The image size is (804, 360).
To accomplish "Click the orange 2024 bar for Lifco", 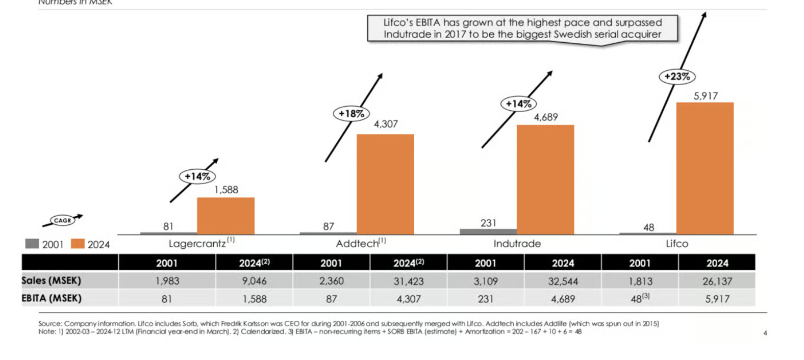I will tap(705, 168).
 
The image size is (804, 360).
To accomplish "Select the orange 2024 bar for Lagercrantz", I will tap(225, 216).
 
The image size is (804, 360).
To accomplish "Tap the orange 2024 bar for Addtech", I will tap(385, 184).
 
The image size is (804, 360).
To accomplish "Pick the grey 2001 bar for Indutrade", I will tap(488, 232).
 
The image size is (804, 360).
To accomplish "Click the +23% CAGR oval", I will tap(677, 76).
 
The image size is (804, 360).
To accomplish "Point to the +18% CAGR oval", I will tap(351, 114).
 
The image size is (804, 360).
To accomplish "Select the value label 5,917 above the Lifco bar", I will tap(706, 96).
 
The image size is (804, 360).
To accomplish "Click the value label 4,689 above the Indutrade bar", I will tap(546, 117).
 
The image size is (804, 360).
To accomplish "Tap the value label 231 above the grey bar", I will tap(488, 223).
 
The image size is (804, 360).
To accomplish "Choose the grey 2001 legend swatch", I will tap(32, 244).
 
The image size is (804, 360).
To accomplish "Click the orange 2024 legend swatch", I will tap(78, 244).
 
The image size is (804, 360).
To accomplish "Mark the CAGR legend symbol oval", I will tap(63, 220).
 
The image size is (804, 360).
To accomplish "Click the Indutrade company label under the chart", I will tap(517, 244).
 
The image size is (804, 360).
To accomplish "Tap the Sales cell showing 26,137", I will tap(717, 281).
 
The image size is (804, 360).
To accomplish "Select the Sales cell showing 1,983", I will tap(167, 281).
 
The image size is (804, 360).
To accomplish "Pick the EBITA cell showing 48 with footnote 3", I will tap(639, 299).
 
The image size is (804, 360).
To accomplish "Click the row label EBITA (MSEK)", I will tap(52, 298).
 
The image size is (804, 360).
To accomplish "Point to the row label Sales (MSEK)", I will tap(51, 280).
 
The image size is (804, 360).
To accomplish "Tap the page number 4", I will tap(765, 333).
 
